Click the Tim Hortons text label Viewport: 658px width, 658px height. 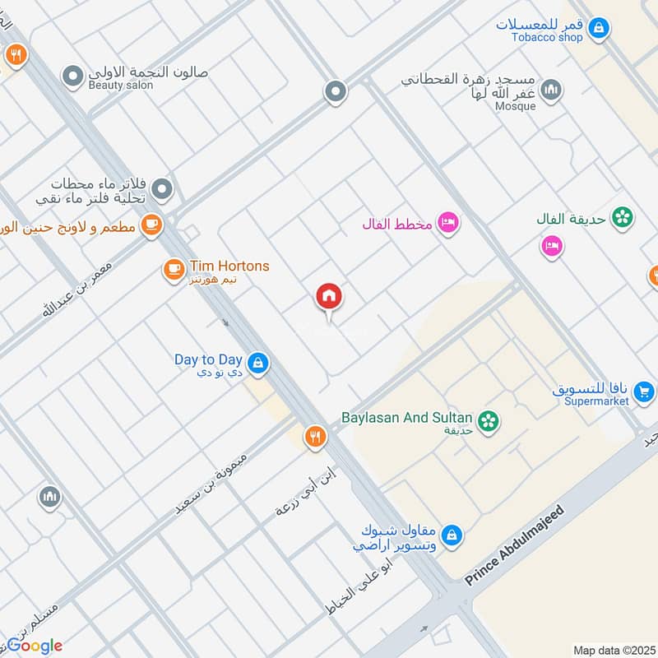229,266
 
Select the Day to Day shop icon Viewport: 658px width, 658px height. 258,362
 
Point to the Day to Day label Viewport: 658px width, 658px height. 208,359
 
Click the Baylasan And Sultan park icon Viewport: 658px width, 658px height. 489,420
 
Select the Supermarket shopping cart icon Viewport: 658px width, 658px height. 644,392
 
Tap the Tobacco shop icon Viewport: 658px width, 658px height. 600,28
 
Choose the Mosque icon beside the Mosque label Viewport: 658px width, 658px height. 552,88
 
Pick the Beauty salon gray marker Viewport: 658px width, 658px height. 75,76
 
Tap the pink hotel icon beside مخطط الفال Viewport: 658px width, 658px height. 447,223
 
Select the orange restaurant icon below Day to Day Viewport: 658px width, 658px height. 313,437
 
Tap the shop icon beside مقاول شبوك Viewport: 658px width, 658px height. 450,536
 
